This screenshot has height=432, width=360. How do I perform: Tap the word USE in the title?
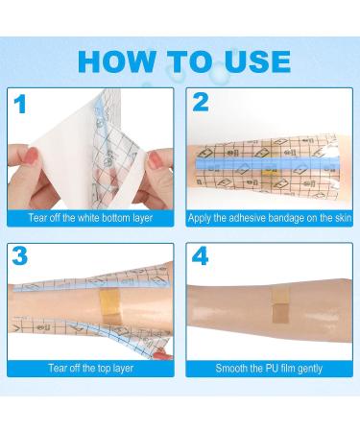tap(257, 61)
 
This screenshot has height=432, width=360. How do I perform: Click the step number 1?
tap(20, 104)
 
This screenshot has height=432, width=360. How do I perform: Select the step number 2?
tap(201, 103)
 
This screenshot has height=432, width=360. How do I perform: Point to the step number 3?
tap(20, 255)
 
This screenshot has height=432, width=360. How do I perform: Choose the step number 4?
tap(201, 255)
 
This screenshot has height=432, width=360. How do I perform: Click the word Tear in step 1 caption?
tap(36, 218)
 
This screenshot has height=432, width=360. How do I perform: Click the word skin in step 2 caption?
tap(343, 218)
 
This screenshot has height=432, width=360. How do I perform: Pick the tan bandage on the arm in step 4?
tap(280, 304)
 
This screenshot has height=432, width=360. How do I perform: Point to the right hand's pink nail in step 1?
tap(155, 160)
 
